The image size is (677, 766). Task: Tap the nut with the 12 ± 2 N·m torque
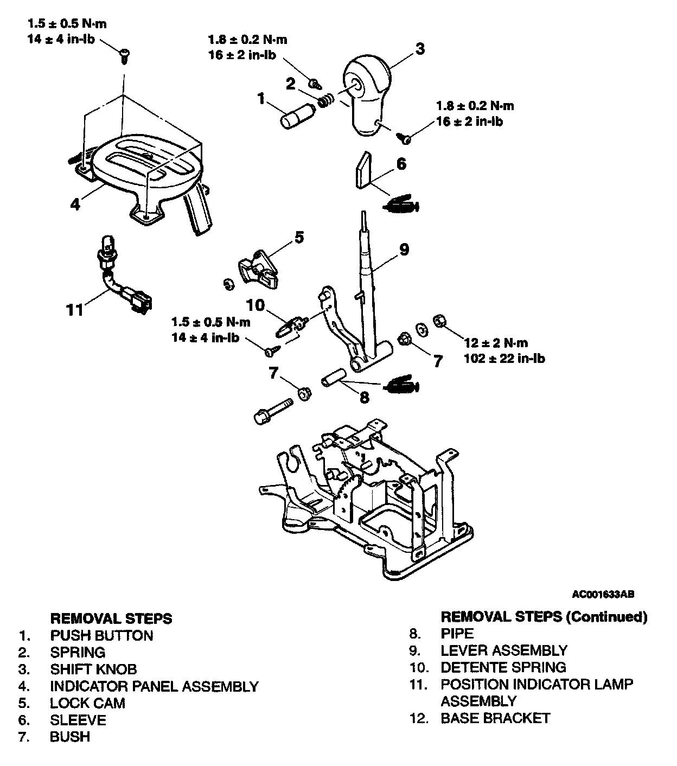tap(440, 322)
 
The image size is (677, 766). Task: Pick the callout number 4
tap(75, 204)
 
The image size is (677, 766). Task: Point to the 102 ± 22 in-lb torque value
tap(504, 359)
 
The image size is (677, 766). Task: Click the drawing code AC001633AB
tap(603, 593)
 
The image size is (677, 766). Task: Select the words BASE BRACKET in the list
tap(495, 718)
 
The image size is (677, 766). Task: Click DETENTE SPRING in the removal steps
tap(503, 667)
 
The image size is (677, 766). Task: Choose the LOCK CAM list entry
tap(87, 703)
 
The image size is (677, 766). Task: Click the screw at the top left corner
tap(125, 55)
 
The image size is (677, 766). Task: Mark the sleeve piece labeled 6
tap(364, 170)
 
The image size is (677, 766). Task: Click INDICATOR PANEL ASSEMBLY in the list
tap(154, 686)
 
